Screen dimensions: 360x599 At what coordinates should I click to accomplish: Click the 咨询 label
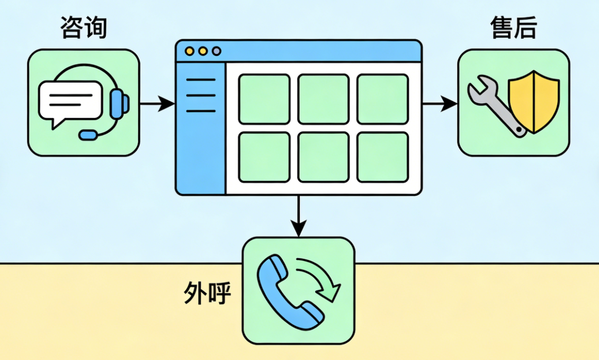84,28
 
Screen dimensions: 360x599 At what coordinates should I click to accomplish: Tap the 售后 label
513,28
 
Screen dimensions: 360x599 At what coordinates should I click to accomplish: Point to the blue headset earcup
119,103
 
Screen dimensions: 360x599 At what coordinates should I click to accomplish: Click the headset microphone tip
88,135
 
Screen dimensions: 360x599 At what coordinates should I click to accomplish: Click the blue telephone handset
286,289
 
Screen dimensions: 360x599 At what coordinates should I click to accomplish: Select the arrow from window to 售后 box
440,104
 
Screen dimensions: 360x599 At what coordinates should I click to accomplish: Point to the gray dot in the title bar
216,51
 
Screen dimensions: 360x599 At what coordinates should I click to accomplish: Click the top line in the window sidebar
201,80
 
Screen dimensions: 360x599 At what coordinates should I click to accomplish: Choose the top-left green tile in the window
264,99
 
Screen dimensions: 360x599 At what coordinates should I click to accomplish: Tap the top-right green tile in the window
382,99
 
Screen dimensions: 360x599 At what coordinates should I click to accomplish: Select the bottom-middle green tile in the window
323,157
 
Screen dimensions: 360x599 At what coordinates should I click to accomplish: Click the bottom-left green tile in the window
264,157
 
